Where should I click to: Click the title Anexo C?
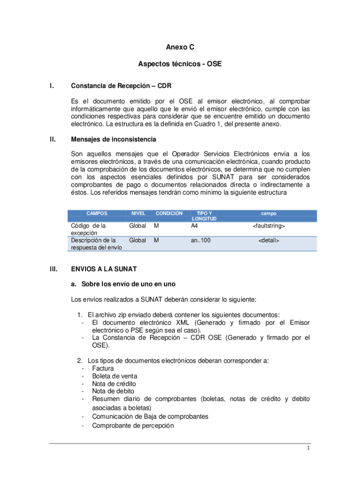click(x=180, y=47)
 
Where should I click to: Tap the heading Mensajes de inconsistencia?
click(x=114, y=139)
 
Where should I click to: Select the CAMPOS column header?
click(x=97, y=213)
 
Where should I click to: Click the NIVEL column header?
click(x=138, y=213)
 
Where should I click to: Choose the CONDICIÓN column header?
click(x=169, y=213)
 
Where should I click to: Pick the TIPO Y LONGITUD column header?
click(x=203, y=216)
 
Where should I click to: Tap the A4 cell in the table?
click(x=194, y=226)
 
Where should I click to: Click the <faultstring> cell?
click(x=269, y=226)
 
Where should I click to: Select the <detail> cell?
click(x=269, y=241)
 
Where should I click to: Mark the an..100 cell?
click(x=201, y=241)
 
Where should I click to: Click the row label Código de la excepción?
click(x=88, y=229)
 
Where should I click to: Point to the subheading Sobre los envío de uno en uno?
click(x=124, y=284)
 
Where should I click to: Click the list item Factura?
click(x=103, y=369)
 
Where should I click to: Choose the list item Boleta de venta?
click(x=115, y=376)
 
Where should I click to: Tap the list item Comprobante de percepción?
click(x=133, y=426)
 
